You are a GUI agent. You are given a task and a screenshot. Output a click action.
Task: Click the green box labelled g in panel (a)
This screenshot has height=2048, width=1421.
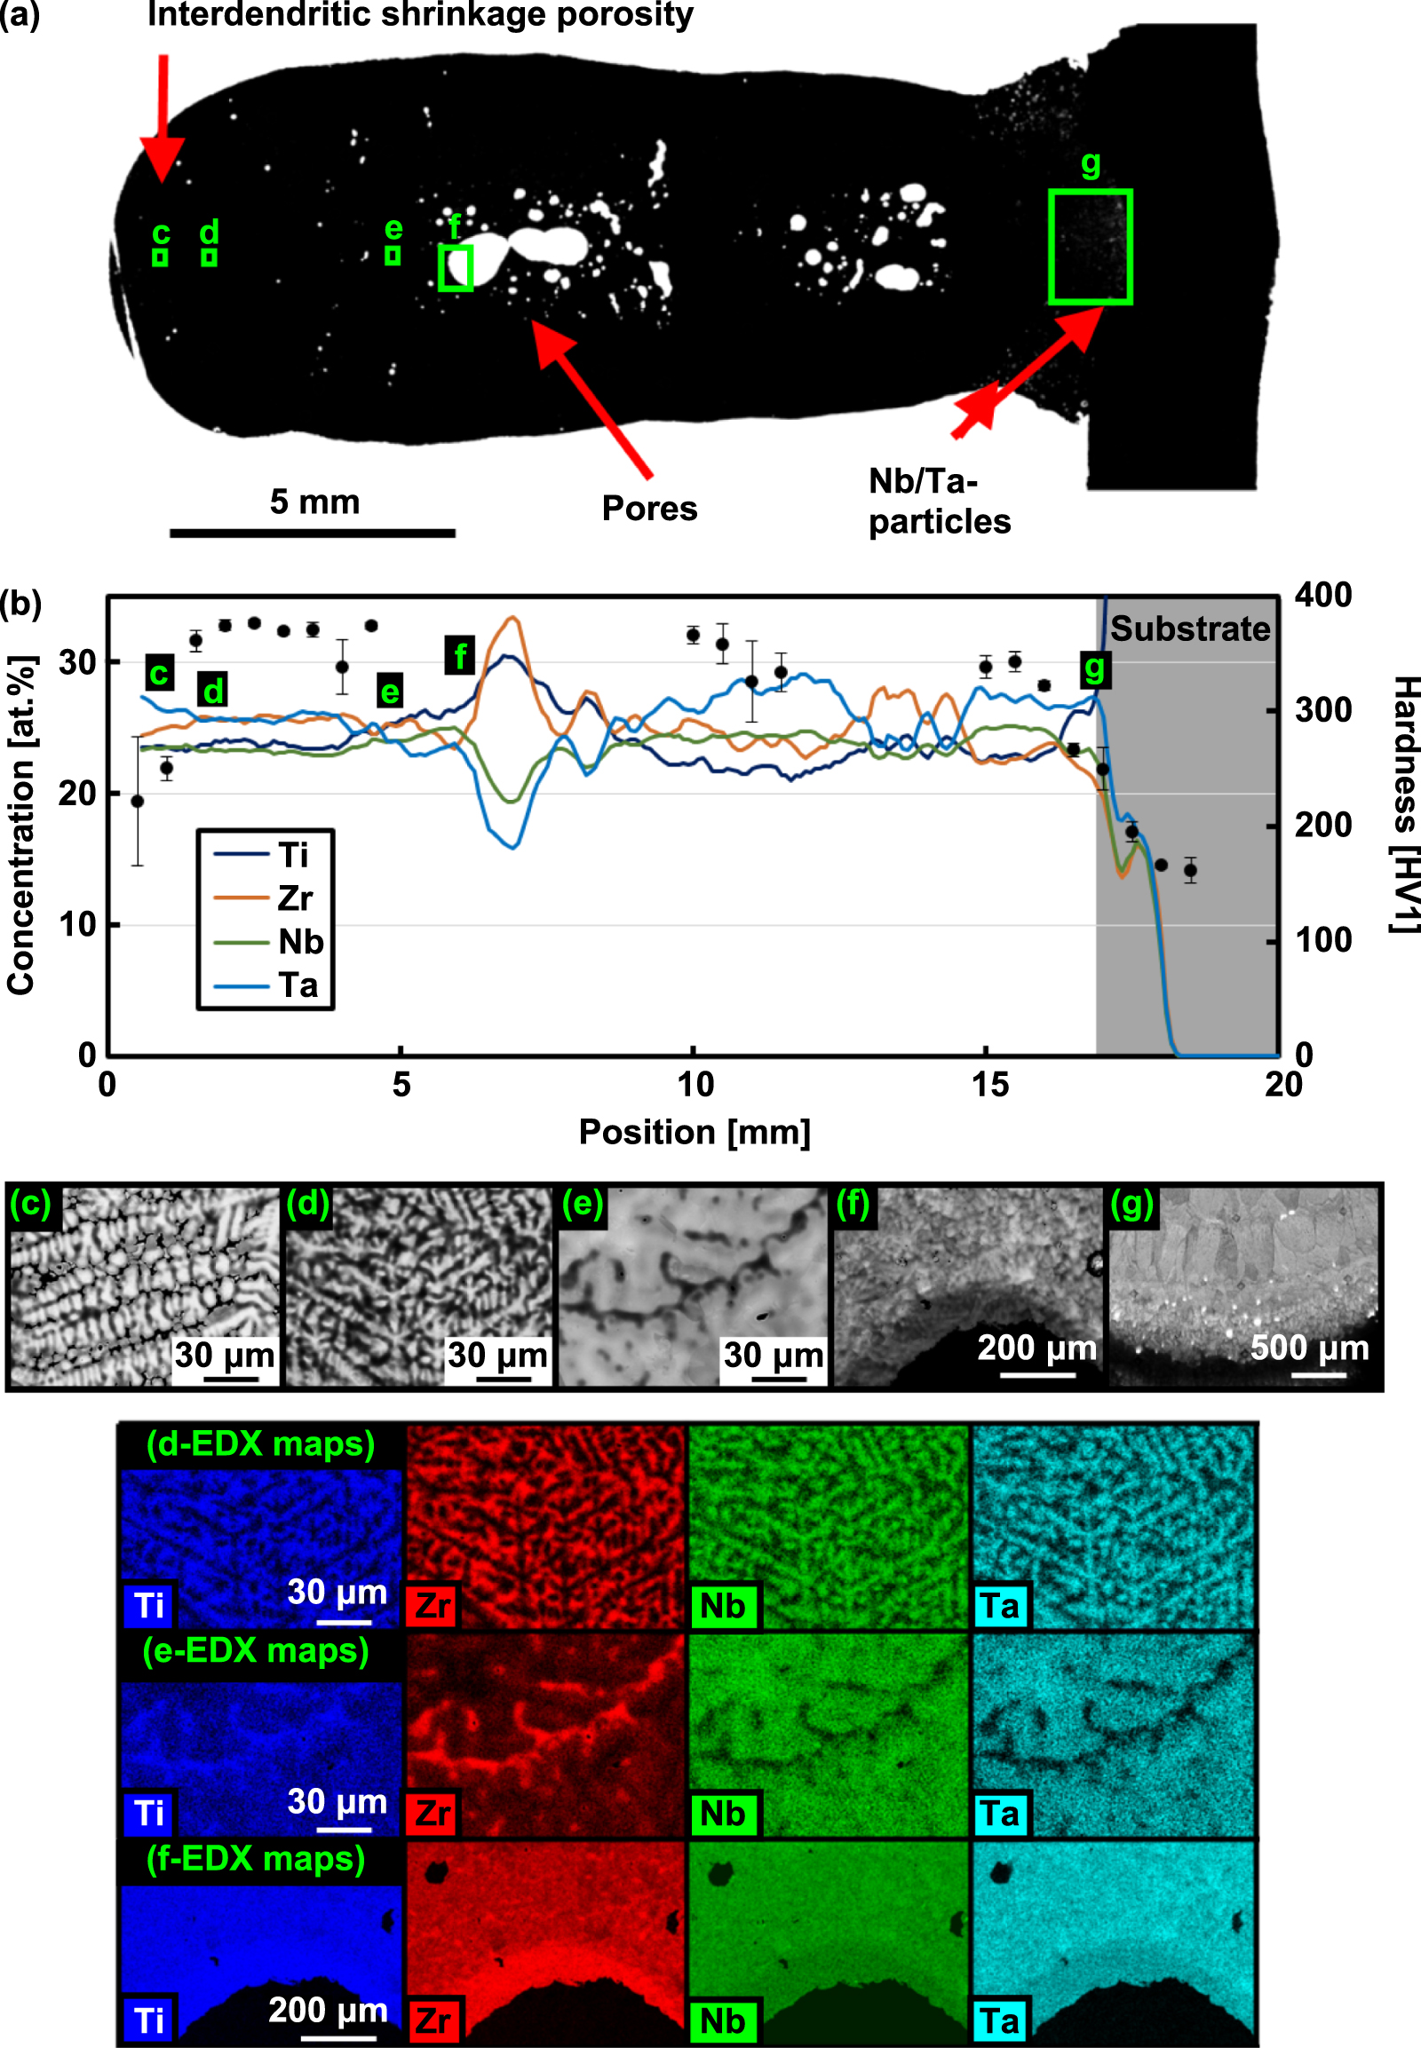1090,247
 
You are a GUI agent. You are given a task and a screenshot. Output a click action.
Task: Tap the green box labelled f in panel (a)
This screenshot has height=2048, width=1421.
455,268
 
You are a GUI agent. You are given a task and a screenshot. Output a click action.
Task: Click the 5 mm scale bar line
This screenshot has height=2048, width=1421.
313,534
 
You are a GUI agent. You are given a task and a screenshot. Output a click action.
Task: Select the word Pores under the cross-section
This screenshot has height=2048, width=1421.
649,508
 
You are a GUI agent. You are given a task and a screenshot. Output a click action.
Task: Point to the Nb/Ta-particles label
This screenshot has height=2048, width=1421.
939,501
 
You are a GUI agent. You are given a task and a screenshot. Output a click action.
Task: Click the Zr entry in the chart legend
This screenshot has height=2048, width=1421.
294,898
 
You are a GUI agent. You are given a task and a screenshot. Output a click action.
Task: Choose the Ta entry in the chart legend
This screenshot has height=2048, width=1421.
298,985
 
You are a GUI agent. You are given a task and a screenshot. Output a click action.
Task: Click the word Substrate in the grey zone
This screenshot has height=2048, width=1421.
1189,629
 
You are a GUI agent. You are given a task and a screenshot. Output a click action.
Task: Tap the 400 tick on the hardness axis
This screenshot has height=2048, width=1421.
1323,595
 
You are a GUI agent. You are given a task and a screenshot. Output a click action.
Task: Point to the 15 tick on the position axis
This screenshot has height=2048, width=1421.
989,1085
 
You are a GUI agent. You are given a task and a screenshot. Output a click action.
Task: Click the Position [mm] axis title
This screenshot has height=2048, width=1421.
695,1132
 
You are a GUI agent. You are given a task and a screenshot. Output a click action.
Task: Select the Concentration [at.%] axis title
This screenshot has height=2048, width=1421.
21,825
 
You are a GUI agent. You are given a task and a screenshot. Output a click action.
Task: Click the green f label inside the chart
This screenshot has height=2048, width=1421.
459,656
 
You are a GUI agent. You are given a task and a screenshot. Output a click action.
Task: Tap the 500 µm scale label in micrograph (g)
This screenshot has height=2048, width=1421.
1309,1348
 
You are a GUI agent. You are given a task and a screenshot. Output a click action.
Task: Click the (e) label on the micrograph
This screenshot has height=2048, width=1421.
583,1204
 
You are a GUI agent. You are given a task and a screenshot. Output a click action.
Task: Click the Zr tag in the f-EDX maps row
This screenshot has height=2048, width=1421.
433,2020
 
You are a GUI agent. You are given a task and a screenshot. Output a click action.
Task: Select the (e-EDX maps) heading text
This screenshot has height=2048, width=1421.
256,1651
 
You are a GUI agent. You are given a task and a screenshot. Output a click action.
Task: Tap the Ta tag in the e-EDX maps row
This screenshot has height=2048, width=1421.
1000,1813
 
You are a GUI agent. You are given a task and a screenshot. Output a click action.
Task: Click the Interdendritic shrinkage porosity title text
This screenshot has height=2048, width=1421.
420,15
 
